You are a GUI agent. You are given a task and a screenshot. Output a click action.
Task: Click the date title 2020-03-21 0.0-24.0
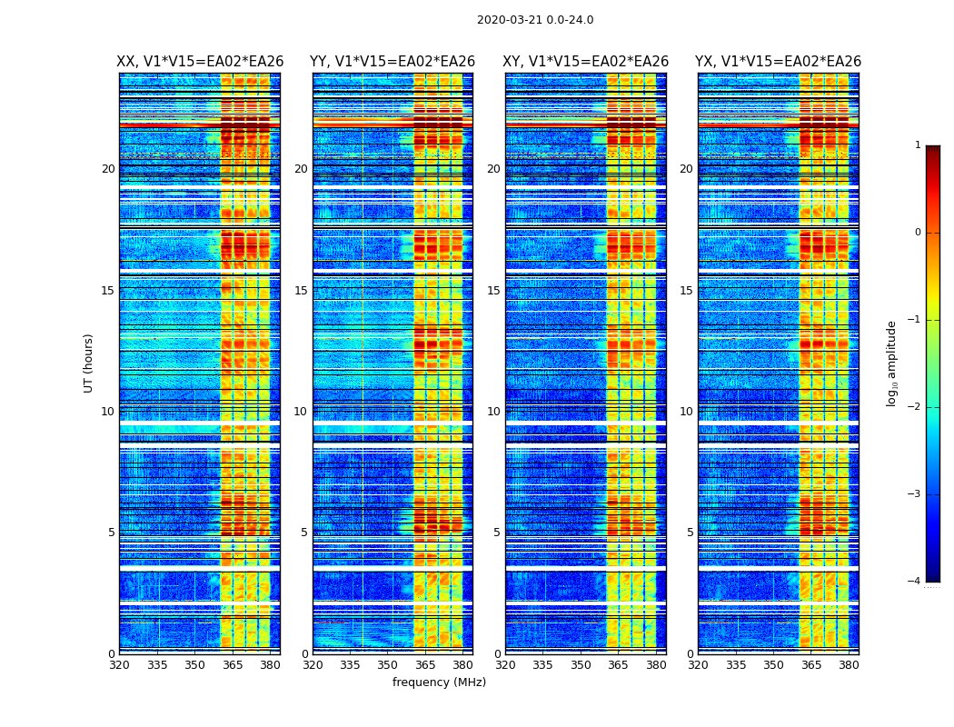(x=535, y=20)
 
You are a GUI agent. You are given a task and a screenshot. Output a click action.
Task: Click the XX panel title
(x=200, y=62)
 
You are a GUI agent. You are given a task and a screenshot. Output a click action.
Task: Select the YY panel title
(x=393, y=62)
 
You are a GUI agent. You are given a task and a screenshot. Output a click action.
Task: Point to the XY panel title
(x=585, y=62)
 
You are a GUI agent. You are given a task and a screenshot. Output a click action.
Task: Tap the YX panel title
(x=778, y=62)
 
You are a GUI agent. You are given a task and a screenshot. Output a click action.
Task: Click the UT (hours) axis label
(x=89, y=363)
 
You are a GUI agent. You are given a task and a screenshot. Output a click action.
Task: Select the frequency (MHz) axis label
(x=439, y=682)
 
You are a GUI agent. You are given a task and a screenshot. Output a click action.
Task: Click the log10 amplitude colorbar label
(x=892, y=363)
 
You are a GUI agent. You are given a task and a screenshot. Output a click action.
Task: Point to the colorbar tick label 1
(x=918, y=145)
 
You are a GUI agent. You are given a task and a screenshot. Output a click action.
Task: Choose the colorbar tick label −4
(x=915, y=582)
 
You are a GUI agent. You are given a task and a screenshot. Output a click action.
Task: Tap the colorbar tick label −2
(x=915, y=407)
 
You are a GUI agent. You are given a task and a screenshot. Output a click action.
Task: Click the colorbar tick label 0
(x=918, y=233)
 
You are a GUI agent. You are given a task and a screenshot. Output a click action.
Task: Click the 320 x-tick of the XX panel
(x=119, y=665)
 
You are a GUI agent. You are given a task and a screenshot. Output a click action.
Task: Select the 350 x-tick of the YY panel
(x=388, y=665)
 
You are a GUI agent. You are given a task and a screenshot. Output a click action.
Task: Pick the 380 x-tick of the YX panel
(x=849, y=665)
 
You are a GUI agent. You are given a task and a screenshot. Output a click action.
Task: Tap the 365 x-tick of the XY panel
(x=618, y=665)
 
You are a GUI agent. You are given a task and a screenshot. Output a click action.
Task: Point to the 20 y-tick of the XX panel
(x=108, y=169)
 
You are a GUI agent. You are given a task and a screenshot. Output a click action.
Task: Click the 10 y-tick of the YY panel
(x=301, y=412)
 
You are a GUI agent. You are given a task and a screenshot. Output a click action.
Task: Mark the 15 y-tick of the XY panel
(x=493, y=291)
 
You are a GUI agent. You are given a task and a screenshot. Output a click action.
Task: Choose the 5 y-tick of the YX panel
(x=691, y=533)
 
